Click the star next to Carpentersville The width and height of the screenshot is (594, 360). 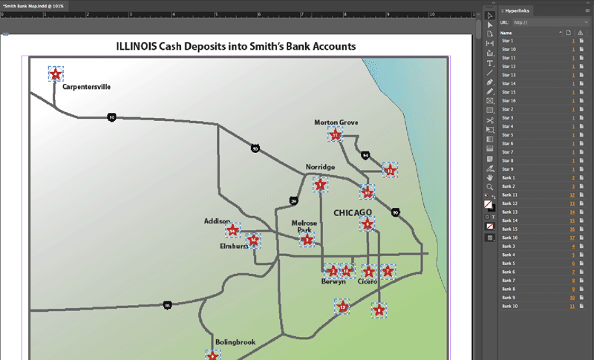(x=55, y=73)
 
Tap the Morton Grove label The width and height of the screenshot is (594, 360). (x=336, y=122)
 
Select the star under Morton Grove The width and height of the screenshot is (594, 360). (x=336, y=135)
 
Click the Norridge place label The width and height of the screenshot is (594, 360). (x=320, y=167)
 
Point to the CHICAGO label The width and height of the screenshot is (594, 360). (x=353, y=213)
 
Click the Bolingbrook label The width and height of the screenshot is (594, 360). (x=235, y=342)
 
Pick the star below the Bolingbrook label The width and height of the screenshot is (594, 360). (x=212, y=356)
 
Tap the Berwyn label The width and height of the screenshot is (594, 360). (x=333, y=282)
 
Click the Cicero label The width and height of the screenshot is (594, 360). (x=368, y=282)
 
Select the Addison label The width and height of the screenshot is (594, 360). (x=217, y=221)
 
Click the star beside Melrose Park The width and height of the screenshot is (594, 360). (x=307, y=240)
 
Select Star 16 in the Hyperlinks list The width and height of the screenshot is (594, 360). (x=509, y=100)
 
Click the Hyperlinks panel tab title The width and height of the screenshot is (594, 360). (x=520, y=10)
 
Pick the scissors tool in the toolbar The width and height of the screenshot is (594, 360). (x=490, y=120)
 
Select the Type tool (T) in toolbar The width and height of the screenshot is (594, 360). (x=490, y=64)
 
